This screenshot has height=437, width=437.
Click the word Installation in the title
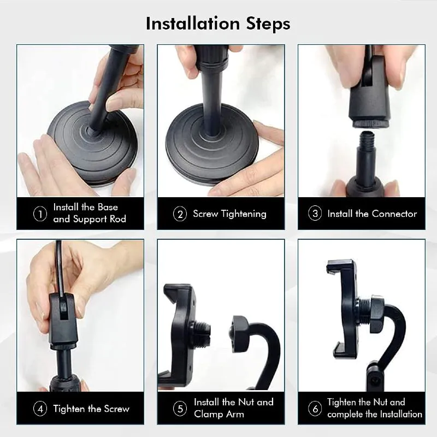(193, 23)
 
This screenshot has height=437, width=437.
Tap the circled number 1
(40, 214)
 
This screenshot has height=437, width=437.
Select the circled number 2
(180, 214)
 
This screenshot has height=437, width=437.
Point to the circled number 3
(315, 214)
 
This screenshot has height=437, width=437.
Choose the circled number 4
(40, 409)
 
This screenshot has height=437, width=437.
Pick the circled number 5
(180, 409)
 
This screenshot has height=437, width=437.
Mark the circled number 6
(315, 409)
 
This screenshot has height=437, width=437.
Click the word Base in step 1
(108, 207)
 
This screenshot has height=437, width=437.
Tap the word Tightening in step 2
(244, 214)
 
